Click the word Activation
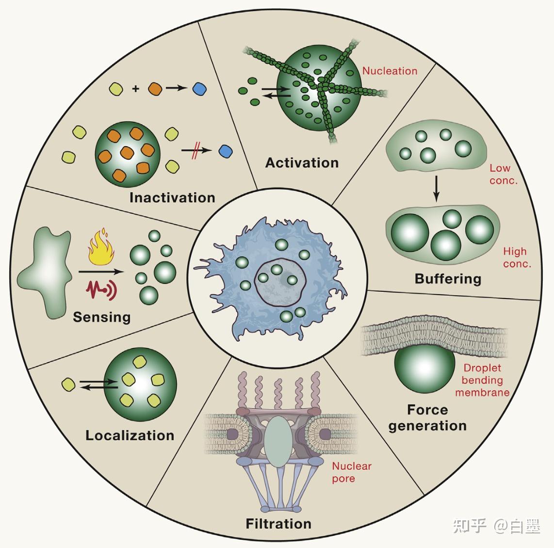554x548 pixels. click(302, 163)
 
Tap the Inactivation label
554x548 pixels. click(172, 198)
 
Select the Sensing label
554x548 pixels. click(102, 317)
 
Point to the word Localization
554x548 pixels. click(130, 435)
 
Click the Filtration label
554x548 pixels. click(278, 524)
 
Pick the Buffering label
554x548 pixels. click(448, 279)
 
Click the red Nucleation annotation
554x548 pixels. click(390, 71)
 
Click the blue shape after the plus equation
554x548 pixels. click(199, 89)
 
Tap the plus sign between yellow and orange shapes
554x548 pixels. click(136, 89)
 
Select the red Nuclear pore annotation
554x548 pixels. click(351, 472)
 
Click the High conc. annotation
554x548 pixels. click(517, 258)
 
